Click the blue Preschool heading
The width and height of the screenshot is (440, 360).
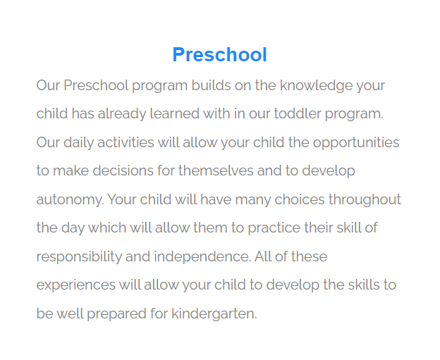point(219,55)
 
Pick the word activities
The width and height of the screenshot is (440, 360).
point(125,143)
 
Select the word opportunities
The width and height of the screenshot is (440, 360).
point(356,143)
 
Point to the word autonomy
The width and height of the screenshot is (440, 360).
point(70,200)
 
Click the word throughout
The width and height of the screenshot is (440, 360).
point(365,200)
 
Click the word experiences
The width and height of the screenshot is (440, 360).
point(75,285)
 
